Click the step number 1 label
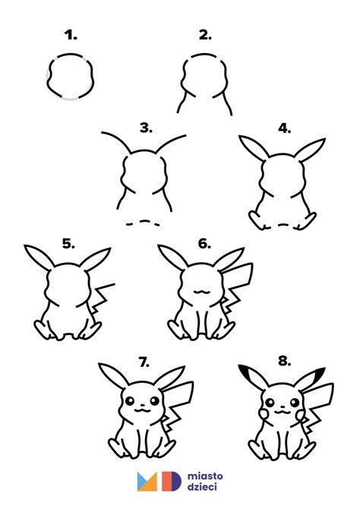[71, 35]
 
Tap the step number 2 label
[205, 35]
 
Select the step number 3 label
[146, 128]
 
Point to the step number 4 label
[284, 128]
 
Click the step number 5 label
[68, 243]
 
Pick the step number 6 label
[204, 243]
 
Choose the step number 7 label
[144, 362]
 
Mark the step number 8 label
[284, 361]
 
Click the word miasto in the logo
[205, 476]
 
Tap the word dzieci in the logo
[202, 487]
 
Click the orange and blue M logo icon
[147, 482]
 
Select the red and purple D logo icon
[171, 481]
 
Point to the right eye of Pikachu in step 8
[295, 403]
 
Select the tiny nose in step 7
[142, 406]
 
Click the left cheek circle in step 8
[264, 414]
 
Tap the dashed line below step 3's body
[143, 223]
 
